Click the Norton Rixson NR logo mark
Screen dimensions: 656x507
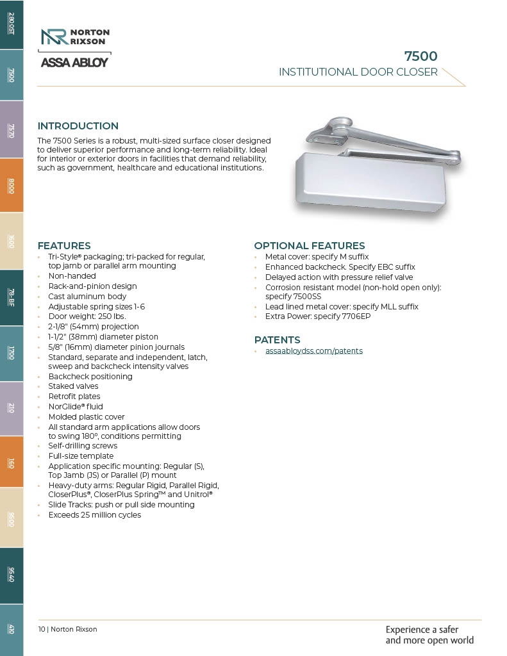click(x=54, y=37)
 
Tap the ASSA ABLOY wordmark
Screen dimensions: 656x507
click(x=74, y=63)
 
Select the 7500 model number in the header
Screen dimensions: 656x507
click(x=420, y=56)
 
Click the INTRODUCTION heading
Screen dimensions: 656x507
click(x=78, y=126)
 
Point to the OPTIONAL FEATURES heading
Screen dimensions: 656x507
click(x=309, y=246)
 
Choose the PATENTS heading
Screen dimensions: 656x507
click(x=277, y=340)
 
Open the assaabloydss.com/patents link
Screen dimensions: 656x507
click(x=313, y=351)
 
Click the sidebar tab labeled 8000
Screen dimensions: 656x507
click(x=12, y=186)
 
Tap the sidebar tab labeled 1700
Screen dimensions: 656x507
click(x=12, y=353)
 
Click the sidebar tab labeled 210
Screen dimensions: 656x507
click(x=12, y=408)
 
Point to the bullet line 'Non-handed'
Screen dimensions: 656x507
click(x=72, y=276)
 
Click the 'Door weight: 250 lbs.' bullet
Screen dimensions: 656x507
click(x=87, y=316)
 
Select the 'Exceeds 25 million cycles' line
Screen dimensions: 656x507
click(x=94, y=515)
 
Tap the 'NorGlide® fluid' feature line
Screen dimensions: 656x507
click(x=75, y=407)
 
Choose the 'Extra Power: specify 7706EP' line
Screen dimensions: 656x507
click(x=317, y=316)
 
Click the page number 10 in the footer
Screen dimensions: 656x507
click(x=42, y=629)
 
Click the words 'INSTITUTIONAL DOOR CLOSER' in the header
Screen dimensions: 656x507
click(x=358, y=72)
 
